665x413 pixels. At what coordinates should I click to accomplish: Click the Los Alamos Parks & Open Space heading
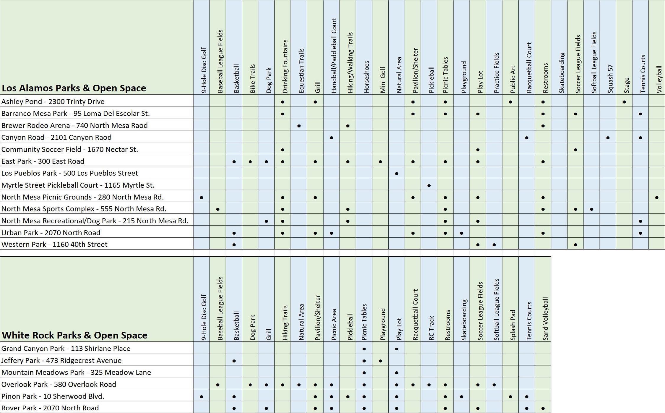(74, 88)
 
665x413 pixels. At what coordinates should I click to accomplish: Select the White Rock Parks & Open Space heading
(74, 335)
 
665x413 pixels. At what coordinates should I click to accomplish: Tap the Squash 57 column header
(610, 79)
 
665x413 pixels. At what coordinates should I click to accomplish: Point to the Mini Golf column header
(383, 80)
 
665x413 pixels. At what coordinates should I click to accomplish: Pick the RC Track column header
(431, 328)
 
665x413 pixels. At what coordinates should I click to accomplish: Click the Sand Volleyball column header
(545, 318)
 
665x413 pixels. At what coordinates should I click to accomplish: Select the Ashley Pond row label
(53, 102)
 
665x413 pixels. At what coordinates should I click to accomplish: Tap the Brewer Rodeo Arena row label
(74, 126)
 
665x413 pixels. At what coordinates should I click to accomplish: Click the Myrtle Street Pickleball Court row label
(78, 185)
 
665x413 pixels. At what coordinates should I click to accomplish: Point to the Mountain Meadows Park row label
(76, 372)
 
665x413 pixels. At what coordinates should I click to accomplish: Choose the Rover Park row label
(50, 408)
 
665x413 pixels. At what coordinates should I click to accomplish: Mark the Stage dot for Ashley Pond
(624, 102)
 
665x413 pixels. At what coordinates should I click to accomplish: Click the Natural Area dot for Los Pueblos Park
(397, 174)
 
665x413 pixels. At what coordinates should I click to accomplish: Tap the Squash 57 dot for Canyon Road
(608, 138)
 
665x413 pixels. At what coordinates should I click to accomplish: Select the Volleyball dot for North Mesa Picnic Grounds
(657, 197)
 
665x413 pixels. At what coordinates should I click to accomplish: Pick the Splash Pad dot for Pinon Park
(510, 397)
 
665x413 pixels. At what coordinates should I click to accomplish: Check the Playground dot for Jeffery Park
(380, 361)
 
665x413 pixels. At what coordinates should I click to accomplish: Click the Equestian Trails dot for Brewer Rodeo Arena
(299, 126)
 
